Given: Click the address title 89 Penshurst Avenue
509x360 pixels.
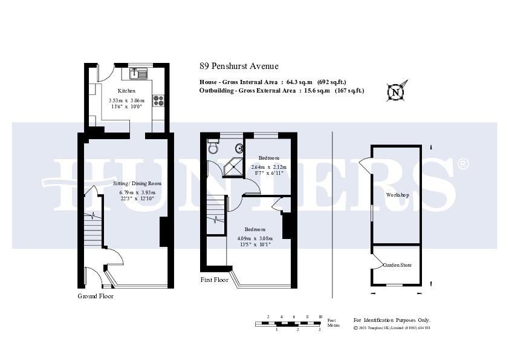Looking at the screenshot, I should coord(239,66).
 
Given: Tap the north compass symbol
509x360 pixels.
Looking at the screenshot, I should coord(396,92).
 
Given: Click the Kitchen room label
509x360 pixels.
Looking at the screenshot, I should coord(126,91).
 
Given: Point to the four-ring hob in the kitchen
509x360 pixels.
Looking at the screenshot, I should coord(160,100).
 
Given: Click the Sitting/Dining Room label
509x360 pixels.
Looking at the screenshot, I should coord(137,183).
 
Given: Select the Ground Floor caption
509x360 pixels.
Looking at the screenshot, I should coord(96,296).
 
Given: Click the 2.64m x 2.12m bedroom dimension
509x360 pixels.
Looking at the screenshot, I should coord(269,167).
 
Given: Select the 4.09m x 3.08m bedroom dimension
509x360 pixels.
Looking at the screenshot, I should coord(254,238).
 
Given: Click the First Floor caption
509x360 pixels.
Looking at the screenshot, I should coord(214,280).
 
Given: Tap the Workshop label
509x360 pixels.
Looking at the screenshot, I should coord(398,195).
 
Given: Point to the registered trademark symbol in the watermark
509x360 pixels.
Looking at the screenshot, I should coord(462,164).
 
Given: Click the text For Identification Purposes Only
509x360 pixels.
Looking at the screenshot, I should coord(392,320).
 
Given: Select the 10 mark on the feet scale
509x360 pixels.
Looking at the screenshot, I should coord(320,317).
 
